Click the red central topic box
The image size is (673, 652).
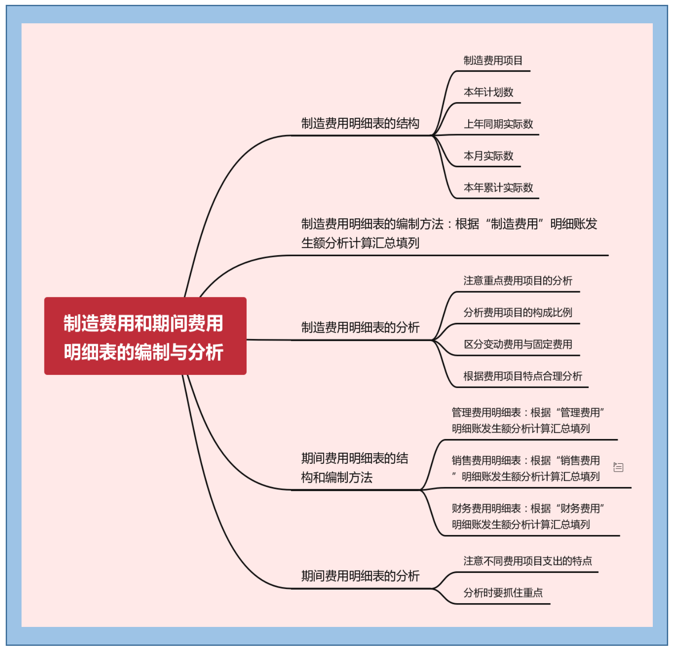tap(145, 336)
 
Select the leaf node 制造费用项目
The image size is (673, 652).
tap(493, 61)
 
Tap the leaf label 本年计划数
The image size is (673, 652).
tap(488, 92)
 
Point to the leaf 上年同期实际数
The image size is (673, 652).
tap(498, 124)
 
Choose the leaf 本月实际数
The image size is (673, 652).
tap(488, 156)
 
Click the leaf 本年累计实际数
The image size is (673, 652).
tap(498, 188)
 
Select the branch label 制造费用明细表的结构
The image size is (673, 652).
tap(360, 124)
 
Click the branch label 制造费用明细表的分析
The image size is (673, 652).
tap(360, 328)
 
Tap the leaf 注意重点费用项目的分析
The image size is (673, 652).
tap(517, 281)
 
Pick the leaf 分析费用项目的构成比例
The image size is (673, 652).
tap(517, 313)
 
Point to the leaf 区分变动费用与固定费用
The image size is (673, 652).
tap(517, 344)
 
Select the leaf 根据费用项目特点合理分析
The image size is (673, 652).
tap(522, 376)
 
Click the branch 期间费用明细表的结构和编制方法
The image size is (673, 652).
tap(354, 468)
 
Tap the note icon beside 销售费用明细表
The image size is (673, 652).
tap(618, 467)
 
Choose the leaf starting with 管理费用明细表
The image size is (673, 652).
tap(527, 421)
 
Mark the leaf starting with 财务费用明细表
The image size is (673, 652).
tap(527, 516)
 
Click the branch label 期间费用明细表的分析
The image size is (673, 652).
tap(360, 576)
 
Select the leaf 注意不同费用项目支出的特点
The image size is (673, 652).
tap(527, 561)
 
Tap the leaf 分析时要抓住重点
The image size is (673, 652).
tap(503, 593)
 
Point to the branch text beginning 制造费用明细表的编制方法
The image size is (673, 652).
tap(449, 234)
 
